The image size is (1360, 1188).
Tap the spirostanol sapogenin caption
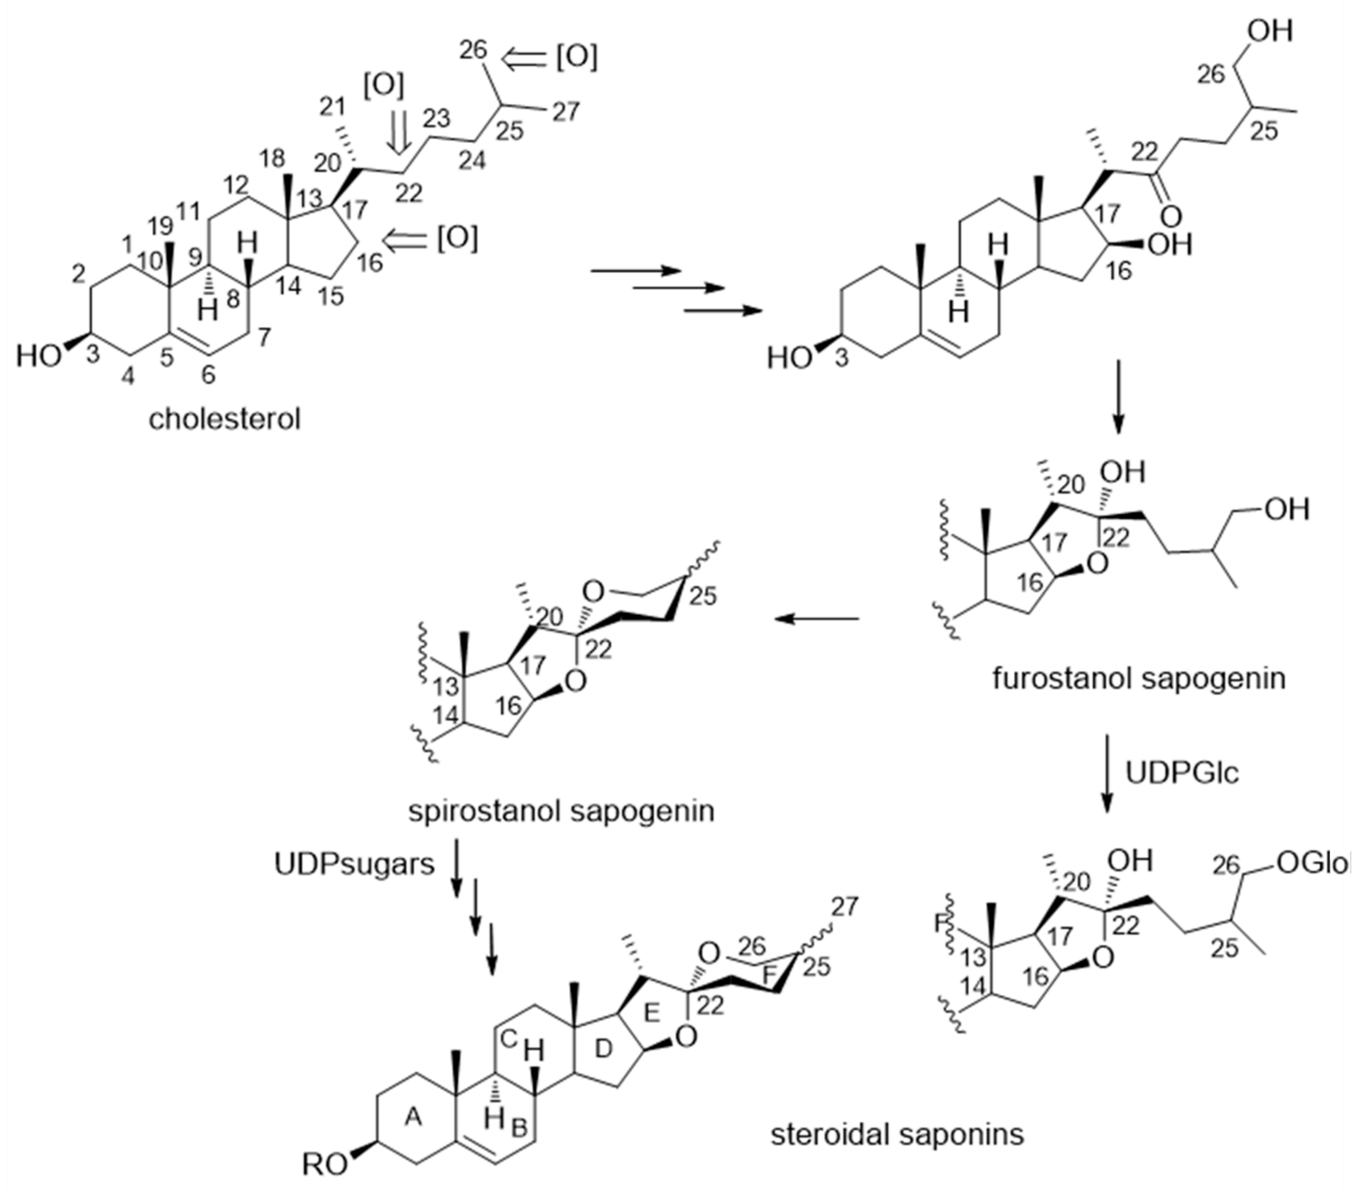[561, 811]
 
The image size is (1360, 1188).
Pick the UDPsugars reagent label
[355, 864]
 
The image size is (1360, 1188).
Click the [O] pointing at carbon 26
[576, 58]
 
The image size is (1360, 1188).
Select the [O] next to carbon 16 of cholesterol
[457, 239]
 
